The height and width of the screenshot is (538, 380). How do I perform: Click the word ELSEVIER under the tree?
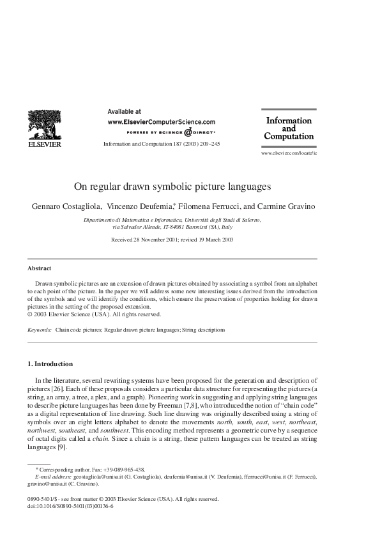click(44, 144)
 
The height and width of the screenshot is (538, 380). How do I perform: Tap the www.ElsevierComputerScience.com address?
click(162, 121)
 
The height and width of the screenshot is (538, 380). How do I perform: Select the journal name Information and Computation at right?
click(289, 128)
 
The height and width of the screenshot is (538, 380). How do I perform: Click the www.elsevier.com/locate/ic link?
click(289, 155)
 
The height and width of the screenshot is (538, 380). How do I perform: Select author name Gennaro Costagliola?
click(66, 206)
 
